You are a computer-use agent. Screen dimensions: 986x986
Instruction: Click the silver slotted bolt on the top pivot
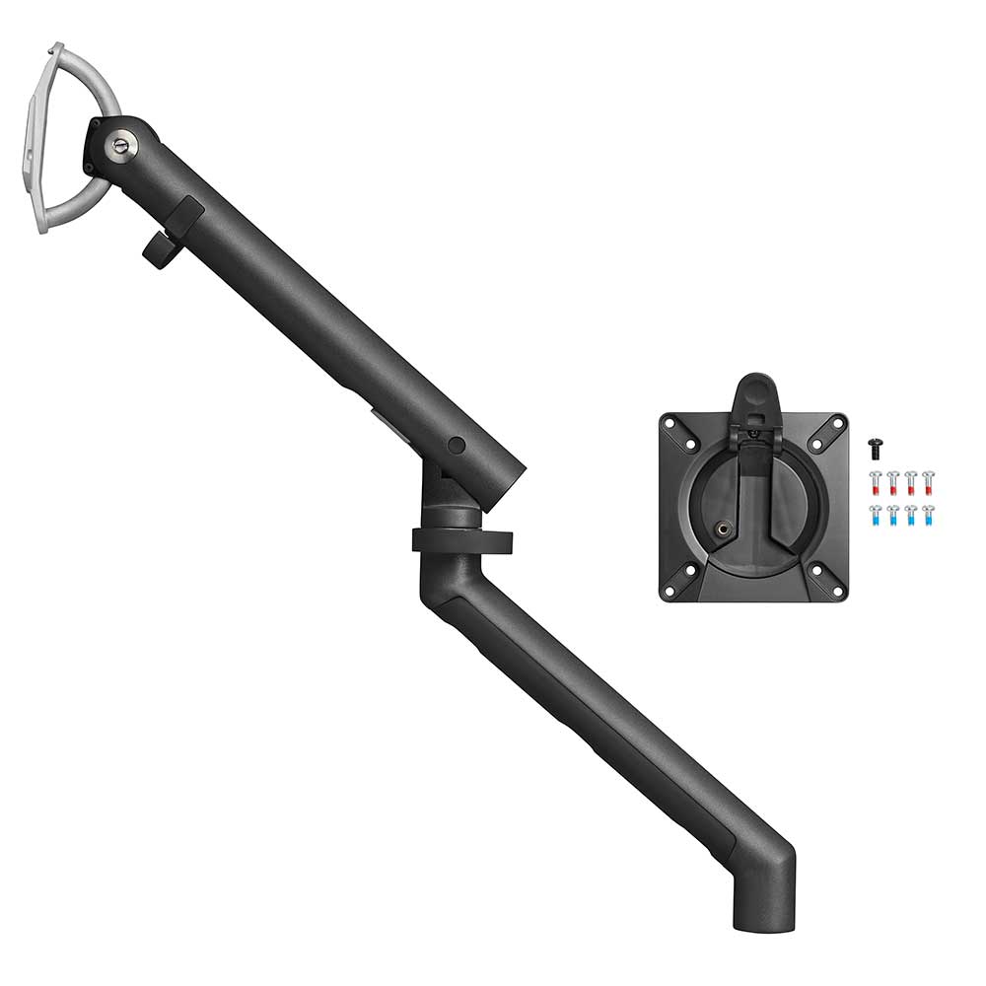120,145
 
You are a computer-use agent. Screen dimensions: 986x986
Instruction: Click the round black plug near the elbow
456,446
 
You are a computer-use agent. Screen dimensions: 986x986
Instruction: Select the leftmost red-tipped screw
876,482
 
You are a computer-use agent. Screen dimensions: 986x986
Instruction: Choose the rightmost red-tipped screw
928,482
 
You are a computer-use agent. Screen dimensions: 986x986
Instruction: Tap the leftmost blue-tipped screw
876,515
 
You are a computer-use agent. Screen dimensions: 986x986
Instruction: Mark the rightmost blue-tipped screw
928,515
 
